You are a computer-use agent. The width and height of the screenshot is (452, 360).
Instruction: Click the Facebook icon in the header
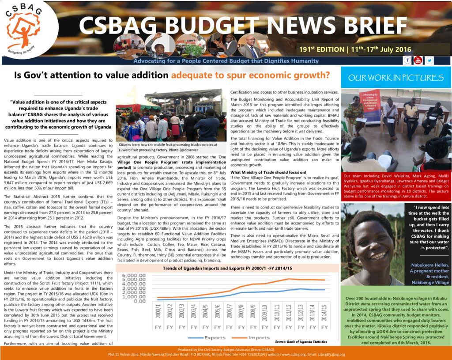pyautogui.click(x=407, y=60)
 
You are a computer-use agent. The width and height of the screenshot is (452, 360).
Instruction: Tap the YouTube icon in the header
pyautogui.click(x=418, y=60)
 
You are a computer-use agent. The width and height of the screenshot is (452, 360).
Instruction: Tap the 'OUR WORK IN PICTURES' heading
pyautogui.click(x=396, y=78)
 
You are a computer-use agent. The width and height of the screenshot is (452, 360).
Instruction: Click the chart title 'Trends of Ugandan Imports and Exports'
pyautogui.click(x=227, y=268)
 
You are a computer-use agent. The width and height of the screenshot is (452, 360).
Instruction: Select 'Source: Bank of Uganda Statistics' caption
pyautogui.click(x=301, y=341)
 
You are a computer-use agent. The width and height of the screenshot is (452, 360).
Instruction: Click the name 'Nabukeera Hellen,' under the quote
pyautogui.click(x=428, y=265)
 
